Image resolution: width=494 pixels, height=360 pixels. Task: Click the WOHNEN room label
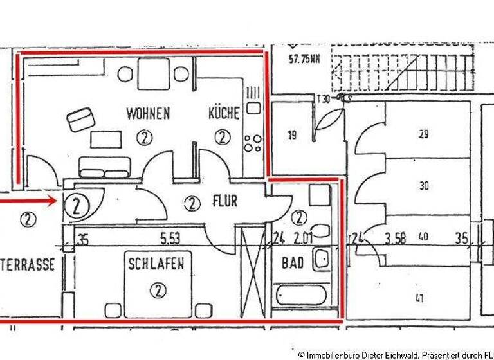tap(148, 114)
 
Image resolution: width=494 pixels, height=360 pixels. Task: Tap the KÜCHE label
tap(223, 114)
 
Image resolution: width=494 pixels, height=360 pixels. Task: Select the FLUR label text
tap(224, 202)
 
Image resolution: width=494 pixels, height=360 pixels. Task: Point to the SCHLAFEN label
tap(156, 263)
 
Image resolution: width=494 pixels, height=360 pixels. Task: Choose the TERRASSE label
tap(29, 264)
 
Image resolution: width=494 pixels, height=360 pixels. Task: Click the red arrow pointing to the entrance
tap(29, 201)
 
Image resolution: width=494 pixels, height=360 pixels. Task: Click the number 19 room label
tap(292, 135)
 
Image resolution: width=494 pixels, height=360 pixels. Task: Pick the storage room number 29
tap(423, 134)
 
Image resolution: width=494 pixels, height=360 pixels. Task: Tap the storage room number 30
tap(423, 186)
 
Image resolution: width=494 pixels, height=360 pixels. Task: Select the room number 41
tap(419, 298)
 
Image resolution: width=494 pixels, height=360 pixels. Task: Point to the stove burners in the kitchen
tap(252, 142)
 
